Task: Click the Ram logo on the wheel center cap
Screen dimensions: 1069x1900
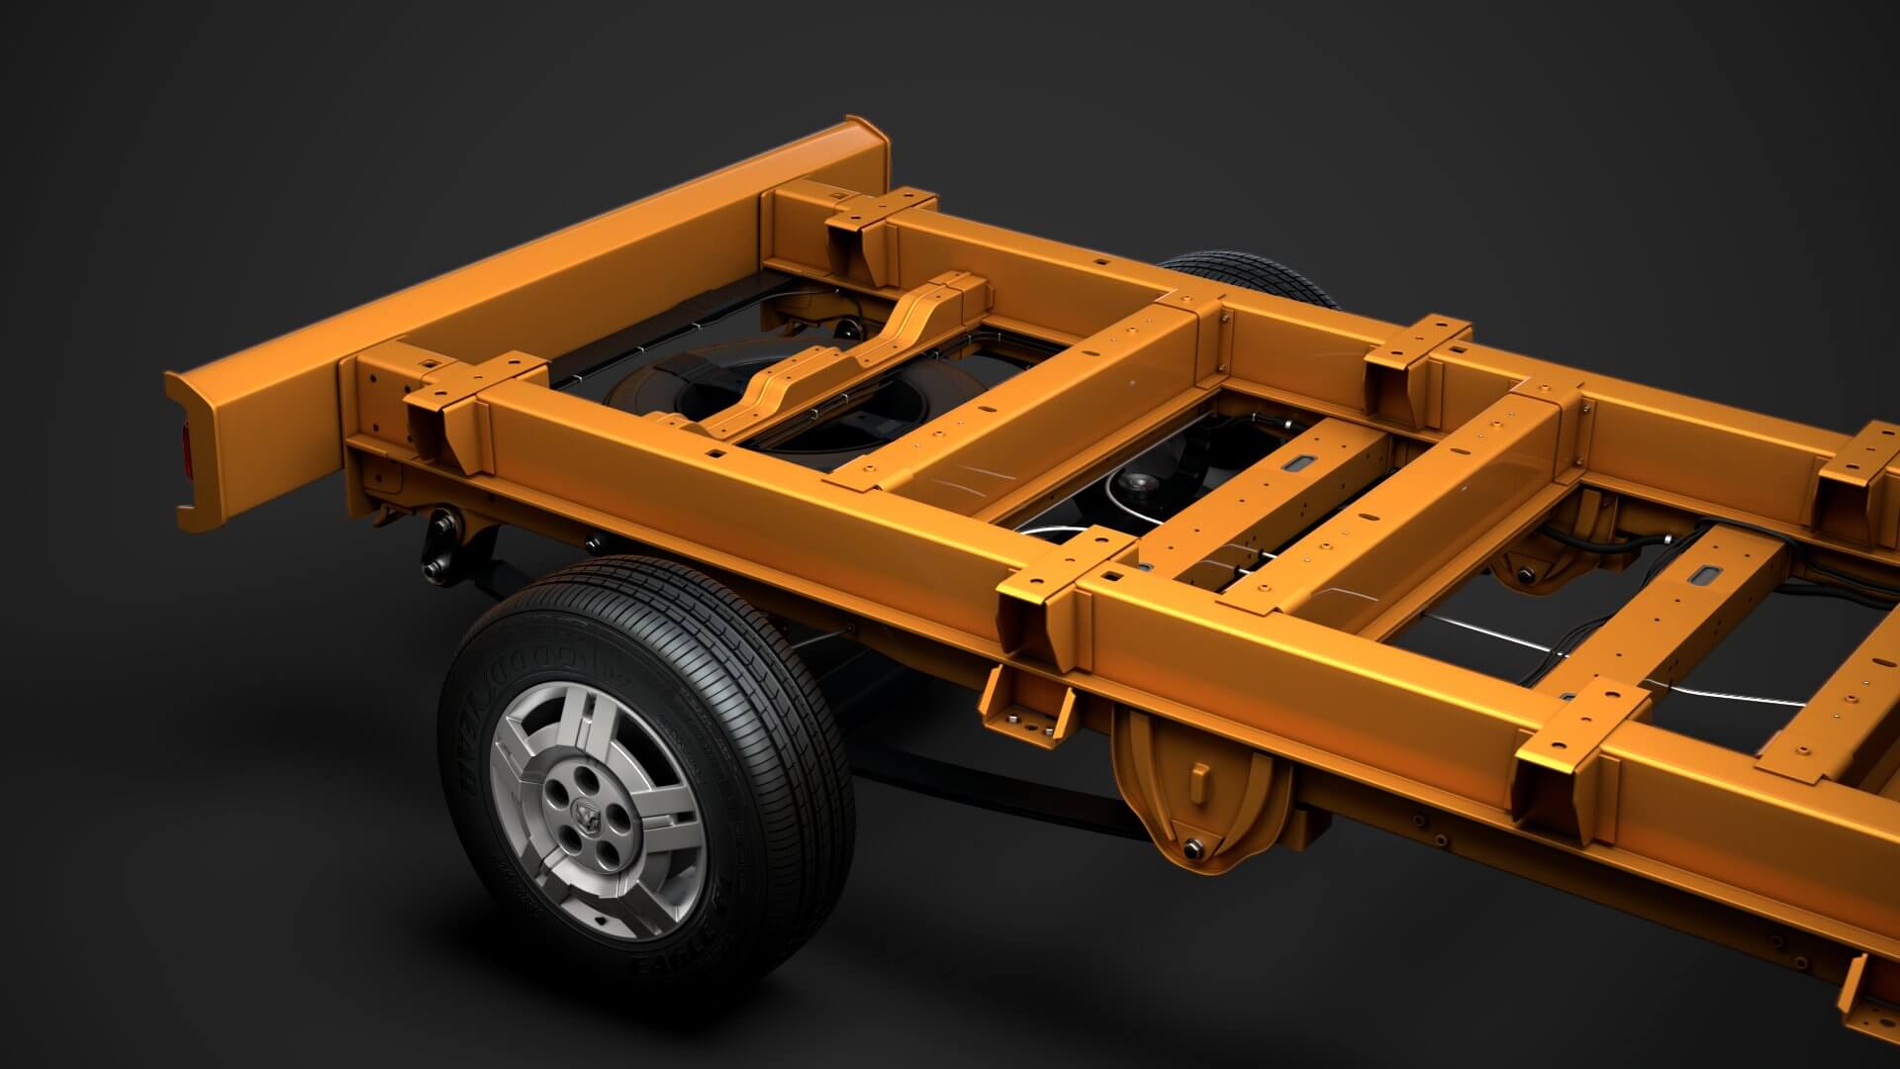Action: tap(586, 817)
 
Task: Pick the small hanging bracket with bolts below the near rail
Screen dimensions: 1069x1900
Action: tap(1029, 704)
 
